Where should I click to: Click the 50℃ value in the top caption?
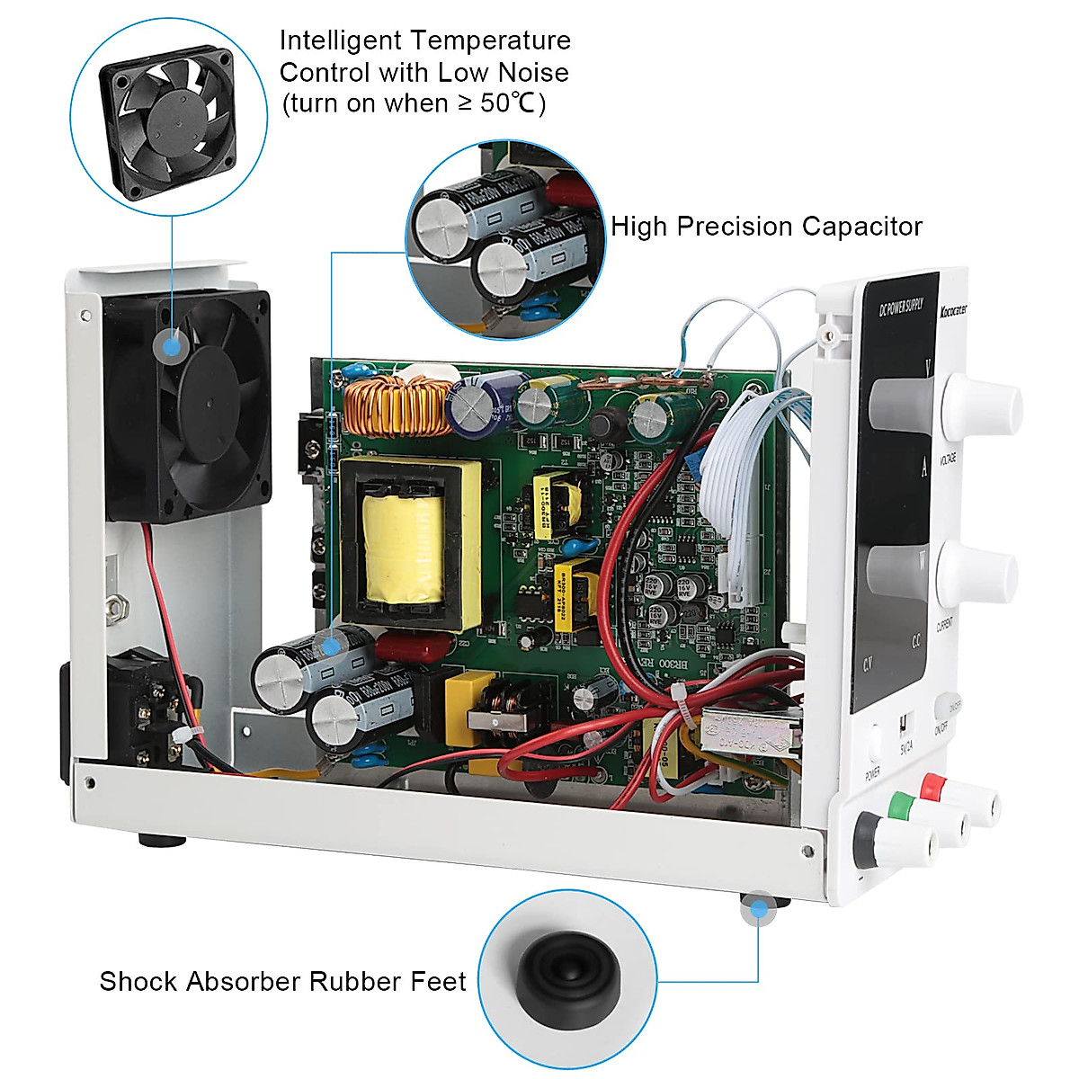click(509, 103)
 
